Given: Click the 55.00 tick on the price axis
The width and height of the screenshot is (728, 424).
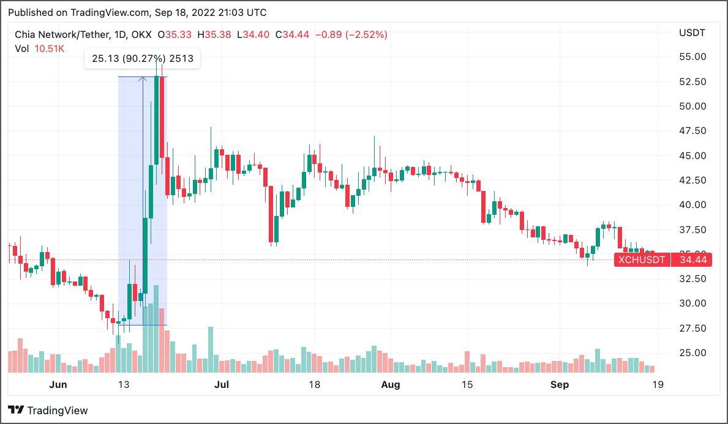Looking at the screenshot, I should point(692,57).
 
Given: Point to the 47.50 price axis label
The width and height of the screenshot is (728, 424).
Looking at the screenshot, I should point(692,131).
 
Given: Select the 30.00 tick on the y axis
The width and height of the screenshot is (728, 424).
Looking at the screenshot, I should point(692,303).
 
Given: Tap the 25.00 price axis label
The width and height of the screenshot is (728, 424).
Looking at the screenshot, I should point(692,353).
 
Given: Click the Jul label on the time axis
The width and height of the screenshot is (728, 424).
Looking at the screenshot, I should point(222,385).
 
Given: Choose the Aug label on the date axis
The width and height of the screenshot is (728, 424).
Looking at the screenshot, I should point(391,385).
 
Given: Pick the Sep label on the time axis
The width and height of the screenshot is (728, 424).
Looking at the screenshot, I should point(560,385).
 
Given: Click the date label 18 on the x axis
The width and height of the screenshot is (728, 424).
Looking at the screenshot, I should point(314,385).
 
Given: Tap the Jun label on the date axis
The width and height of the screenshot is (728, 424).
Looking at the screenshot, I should point(58,385).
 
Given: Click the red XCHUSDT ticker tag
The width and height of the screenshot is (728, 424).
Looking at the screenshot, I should point(641,260).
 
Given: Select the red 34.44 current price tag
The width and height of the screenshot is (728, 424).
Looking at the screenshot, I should point(692,260).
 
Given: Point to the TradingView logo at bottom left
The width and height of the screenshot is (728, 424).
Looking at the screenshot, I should point(48,411).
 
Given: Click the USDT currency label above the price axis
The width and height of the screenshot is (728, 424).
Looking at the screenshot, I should point(692,32).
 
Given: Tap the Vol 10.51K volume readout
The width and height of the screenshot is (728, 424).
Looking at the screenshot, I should point(40,48).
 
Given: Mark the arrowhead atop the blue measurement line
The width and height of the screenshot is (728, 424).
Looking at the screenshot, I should point(143,78).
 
